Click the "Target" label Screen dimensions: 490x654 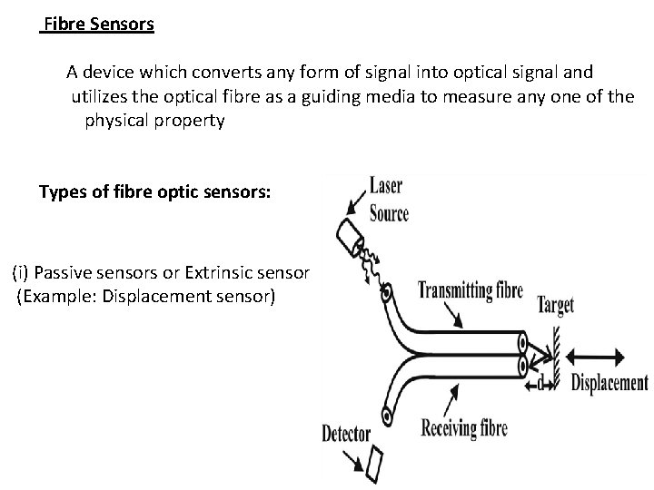555,305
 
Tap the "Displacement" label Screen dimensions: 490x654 609,382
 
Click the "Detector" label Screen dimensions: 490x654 346,434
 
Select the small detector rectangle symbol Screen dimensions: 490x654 375,464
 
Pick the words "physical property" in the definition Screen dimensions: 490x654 154,121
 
